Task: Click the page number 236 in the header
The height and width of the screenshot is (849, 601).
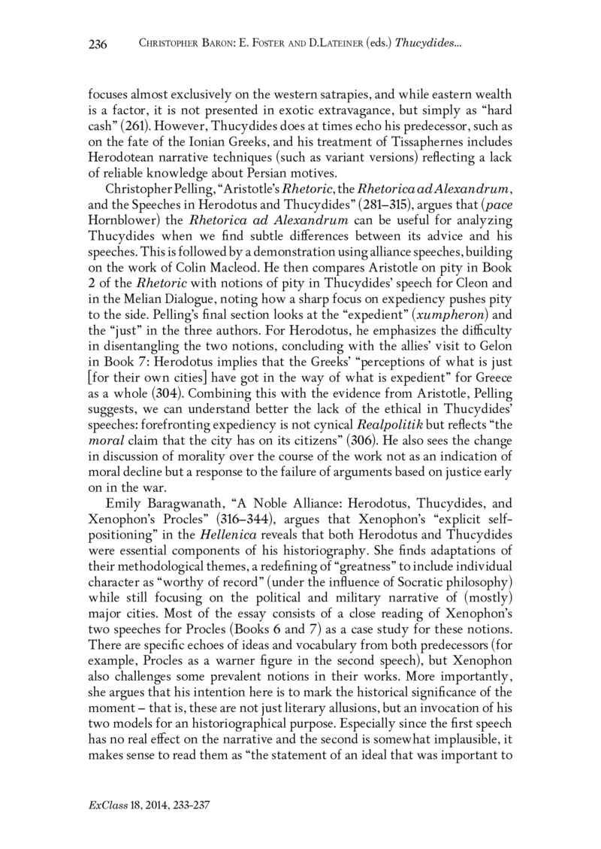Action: [98, 46]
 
